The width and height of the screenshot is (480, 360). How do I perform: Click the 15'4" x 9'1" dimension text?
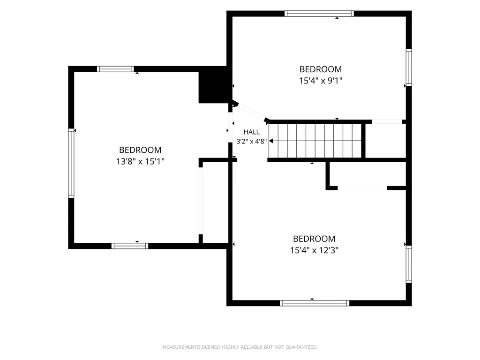coord(321,81)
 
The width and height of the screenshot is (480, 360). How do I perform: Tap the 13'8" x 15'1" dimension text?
coord(140,161)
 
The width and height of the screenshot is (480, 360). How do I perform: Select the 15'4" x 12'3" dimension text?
coord(314,250)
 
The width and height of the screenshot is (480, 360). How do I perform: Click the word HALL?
coord(252,132)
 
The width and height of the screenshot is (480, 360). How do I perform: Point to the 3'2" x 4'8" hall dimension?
coord(252,141)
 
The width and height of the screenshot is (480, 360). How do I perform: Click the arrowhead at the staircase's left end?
coord(271,141)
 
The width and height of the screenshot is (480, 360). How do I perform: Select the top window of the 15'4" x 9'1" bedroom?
coord(319,14)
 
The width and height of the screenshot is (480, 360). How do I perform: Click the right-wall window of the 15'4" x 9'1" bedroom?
coord(409,67)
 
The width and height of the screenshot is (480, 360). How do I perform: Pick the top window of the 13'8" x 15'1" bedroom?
coord(115,69)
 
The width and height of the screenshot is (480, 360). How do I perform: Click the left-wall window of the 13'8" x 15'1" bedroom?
coord(71,163)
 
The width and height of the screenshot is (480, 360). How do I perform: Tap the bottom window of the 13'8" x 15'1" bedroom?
coord(130,246)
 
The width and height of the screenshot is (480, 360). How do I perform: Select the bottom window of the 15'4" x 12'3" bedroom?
coord(315,303)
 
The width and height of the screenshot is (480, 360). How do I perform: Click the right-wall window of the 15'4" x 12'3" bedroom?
coord(409,264)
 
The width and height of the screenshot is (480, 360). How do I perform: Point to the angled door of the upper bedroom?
coord(251,112)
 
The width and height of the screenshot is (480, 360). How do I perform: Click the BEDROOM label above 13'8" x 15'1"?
coord(140,150)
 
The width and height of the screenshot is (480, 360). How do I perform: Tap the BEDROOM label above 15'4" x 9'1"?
coord(321,69)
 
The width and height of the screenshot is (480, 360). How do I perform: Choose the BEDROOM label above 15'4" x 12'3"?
coord(314,239)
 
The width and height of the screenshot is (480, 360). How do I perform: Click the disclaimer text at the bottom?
coord(240,347)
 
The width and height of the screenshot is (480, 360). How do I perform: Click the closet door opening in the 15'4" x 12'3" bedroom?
coord(362,187)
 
